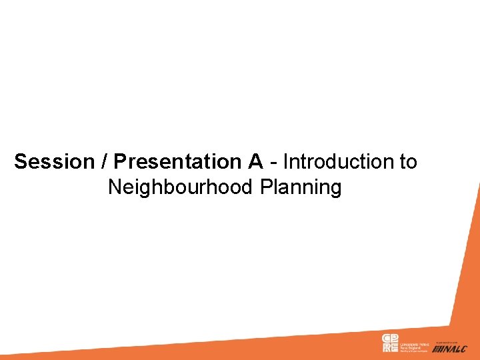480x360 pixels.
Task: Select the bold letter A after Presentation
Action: (x=257, y=162)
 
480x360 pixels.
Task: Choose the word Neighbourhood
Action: (x=181, y=188)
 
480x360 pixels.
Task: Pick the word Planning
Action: (x=301, y=188)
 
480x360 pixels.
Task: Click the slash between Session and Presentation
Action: (x=105, y=162)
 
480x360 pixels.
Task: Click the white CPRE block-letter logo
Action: (x=389, y=343)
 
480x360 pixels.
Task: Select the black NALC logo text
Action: (x=456, y=349)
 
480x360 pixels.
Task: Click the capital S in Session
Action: (x=21, y=162)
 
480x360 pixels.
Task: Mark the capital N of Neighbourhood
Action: (x=115, y=188)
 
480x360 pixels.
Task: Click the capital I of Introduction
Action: (x=286, y=162)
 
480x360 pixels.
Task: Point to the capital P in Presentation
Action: (x=120, y=162)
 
